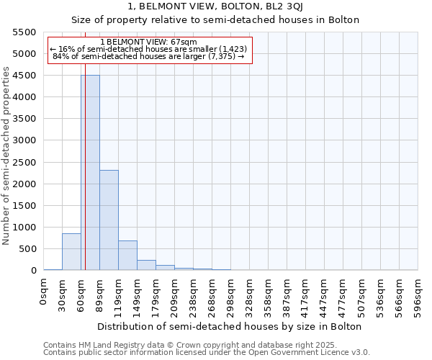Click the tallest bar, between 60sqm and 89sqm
coord(90,173)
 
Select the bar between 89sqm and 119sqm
coord(109,220)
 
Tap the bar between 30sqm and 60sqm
coord(71,252)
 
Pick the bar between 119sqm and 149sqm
coord(127,256)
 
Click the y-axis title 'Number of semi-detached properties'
coord(6,156)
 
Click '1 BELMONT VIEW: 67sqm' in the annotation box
coord(149,42)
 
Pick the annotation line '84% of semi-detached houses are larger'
coord(149,57)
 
